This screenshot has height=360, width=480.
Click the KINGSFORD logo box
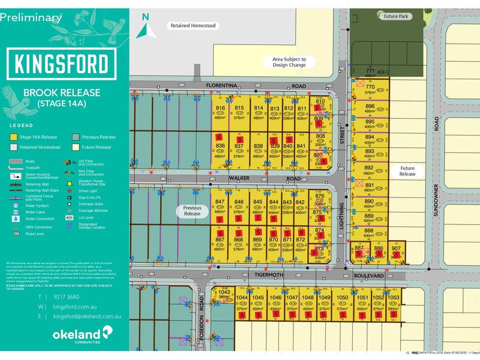[61, 63]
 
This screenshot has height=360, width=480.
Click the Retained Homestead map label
[193, 26]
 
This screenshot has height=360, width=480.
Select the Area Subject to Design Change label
[289, 62]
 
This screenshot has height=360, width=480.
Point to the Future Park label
[397, 17]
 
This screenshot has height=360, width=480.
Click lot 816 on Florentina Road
[220, 112]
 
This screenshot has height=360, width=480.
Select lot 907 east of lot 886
[396, 253]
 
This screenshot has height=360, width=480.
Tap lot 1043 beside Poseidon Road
[224, 295]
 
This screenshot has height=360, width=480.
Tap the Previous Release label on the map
[193, 211]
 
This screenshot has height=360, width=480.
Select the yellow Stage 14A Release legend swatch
[13, 137]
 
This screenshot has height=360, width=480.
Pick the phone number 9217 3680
[66, 297]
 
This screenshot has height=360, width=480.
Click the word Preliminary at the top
[31, 17]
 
